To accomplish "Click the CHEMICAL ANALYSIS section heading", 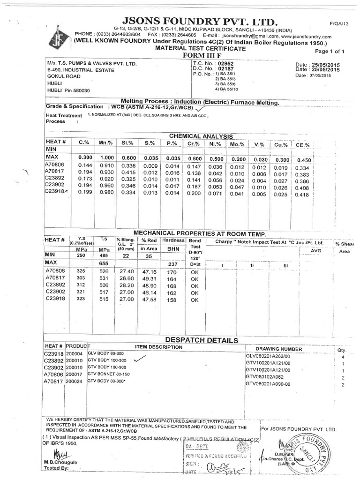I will [x=201, y=135].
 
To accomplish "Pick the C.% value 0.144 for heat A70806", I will [x=84, y=165].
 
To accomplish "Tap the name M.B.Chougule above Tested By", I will [x=58, y=462].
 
